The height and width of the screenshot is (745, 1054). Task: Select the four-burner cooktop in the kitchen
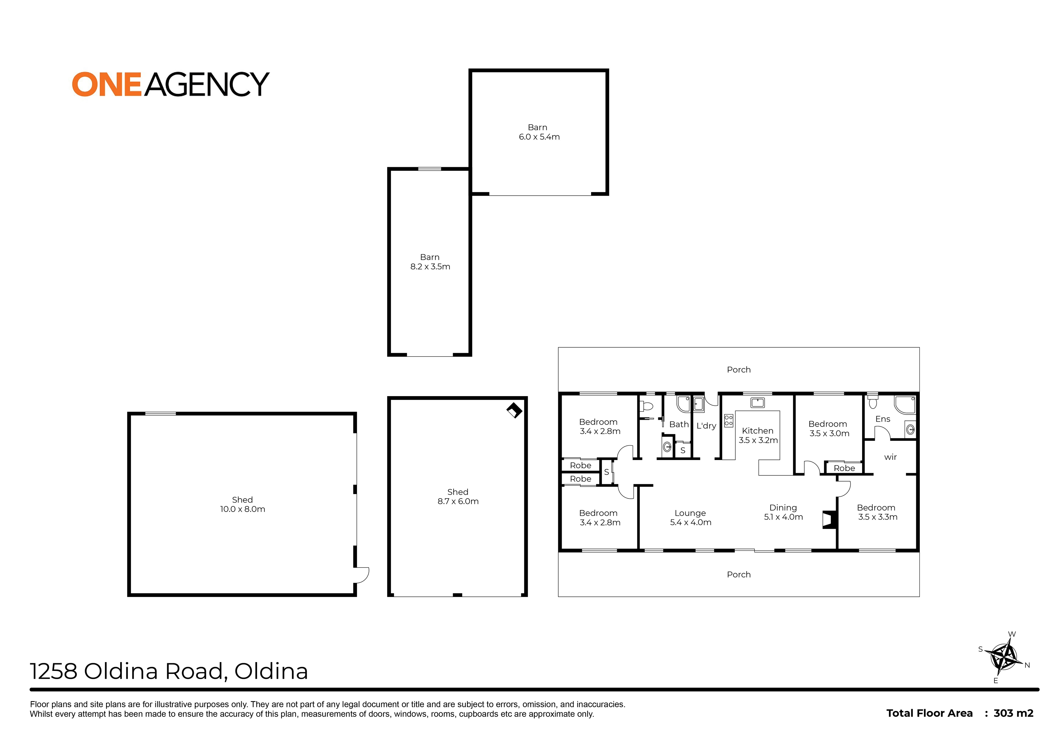click(729, 421)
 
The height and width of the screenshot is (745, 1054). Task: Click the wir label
click(890, 457)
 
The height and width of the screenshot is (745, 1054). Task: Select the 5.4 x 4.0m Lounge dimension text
click(690, 522)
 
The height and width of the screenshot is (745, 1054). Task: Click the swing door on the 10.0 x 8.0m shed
click(362, 575)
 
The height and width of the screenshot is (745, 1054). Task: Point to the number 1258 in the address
click(54, 671)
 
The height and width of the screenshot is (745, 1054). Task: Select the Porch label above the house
click(739, 369)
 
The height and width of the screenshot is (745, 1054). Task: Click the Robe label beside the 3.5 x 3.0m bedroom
click(844, 468)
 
